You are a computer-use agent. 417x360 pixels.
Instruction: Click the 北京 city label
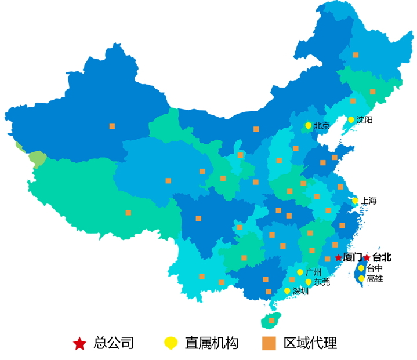[322, 125]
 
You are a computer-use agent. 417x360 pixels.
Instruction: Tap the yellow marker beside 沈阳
[351, 120]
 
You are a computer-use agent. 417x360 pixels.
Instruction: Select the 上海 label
[369, 201]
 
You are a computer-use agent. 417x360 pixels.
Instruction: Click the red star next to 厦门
[338, 257]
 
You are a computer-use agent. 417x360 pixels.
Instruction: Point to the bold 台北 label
[382, 257]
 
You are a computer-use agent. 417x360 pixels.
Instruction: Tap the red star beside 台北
[367, 257]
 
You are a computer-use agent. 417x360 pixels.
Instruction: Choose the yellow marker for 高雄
[361, 278]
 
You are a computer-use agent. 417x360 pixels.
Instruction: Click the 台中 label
[375, 268]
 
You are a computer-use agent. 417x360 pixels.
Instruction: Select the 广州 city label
[313, 272]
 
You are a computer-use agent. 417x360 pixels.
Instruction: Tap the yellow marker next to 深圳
[287, 291]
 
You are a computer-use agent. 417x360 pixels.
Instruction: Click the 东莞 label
[322, 282]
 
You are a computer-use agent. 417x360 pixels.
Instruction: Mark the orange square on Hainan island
[271, 320]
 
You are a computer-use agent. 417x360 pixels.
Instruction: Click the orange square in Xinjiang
[112, 126]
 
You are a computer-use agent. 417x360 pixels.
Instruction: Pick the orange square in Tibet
[128, 213]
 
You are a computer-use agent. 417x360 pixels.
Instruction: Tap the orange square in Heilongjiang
[356, 55]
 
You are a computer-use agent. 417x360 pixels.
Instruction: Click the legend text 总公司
[114, 343]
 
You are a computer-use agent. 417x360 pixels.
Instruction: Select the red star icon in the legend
[79, 344]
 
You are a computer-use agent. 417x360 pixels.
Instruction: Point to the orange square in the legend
[268, 343]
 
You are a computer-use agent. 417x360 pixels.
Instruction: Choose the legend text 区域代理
[310, 343]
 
